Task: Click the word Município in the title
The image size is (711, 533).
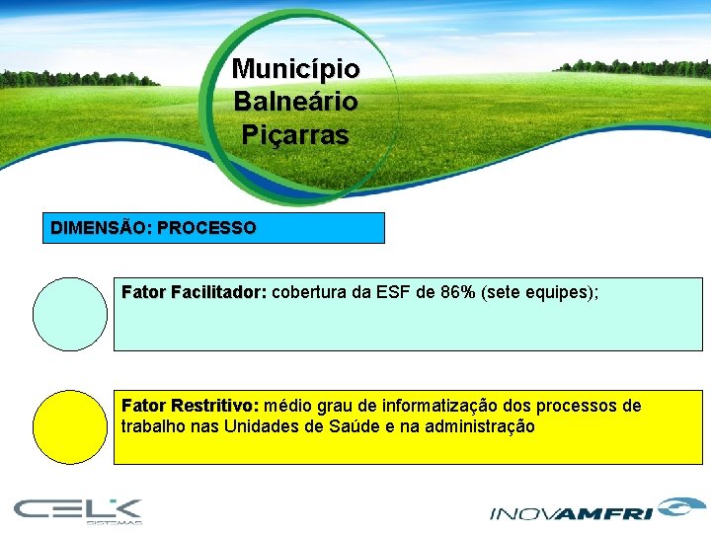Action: [295, 69]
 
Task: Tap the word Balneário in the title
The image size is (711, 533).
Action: [295, 102]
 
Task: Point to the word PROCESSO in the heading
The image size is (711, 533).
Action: [206, 228]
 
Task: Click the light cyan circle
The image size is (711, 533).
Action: [70, 314]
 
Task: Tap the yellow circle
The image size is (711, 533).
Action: [70, 427]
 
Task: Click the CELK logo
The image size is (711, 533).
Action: [79, 509]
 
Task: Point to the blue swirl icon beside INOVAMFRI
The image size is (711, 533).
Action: [674, 506]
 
